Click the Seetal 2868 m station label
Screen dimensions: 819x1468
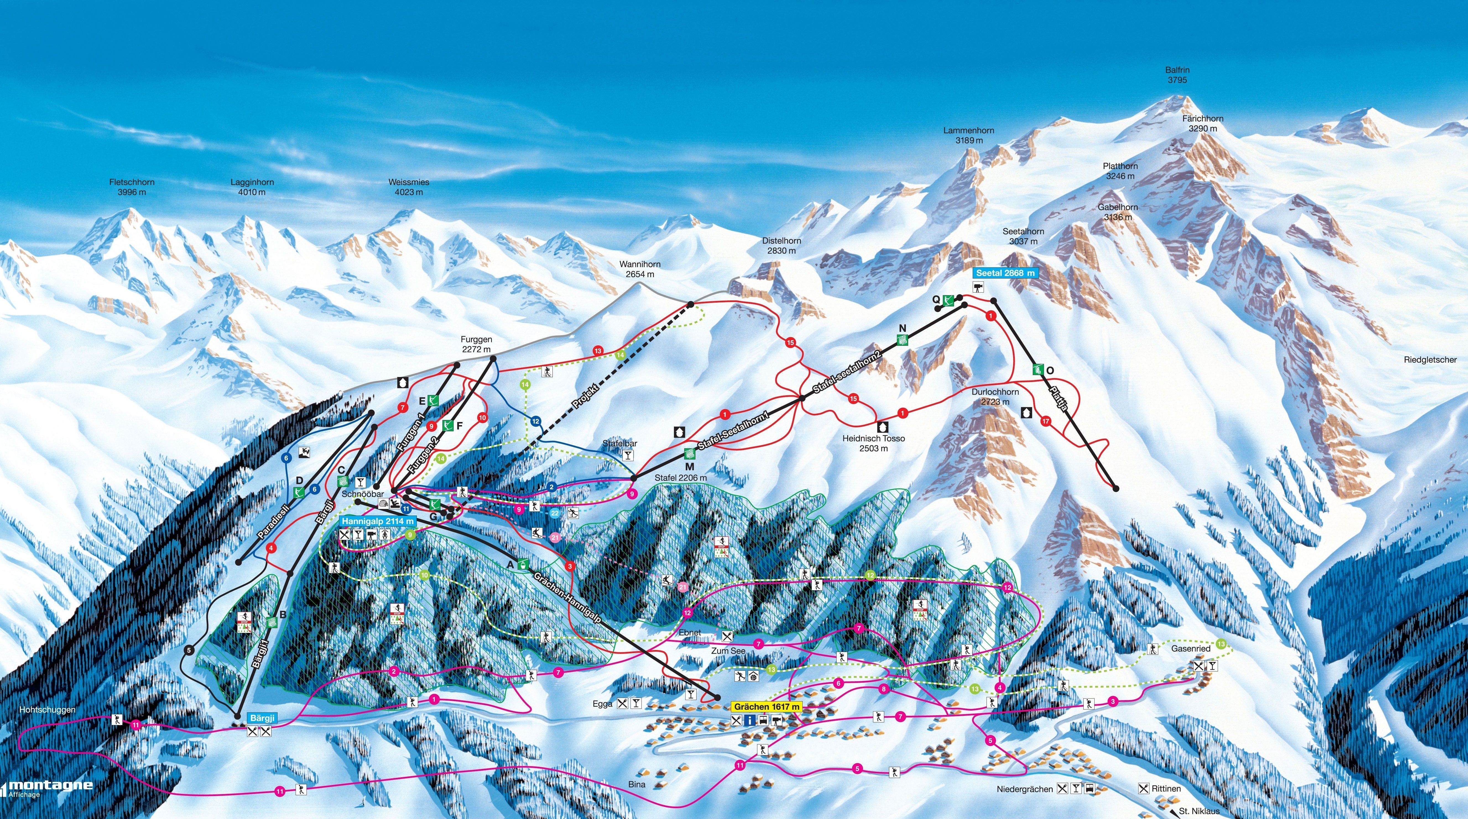1005,273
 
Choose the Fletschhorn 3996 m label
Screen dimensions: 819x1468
132,187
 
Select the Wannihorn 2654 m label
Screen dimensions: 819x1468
640,269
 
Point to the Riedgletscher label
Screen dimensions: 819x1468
1430,360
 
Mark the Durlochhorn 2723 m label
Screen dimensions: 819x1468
995,397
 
